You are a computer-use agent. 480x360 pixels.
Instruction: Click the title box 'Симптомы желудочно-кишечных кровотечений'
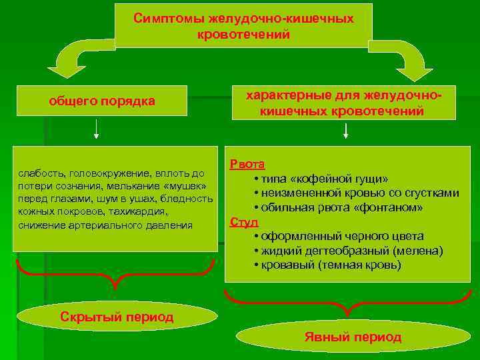(243, 26)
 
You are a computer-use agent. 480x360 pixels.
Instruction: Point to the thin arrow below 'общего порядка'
(97, 129)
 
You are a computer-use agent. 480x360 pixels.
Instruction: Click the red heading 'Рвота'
(247, 164)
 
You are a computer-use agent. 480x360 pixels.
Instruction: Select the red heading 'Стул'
(243, 222)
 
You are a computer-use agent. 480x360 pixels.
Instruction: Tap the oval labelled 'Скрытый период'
(117, 317)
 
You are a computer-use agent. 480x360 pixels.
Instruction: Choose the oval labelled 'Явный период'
(353, 337)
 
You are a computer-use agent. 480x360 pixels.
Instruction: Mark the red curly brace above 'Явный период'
(346, 304)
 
